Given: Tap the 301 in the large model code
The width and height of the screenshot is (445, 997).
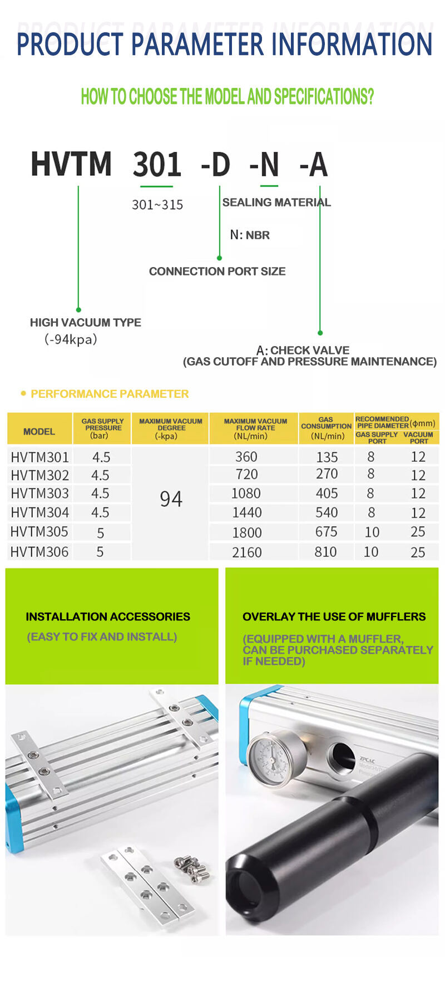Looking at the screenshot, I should pos(157,165).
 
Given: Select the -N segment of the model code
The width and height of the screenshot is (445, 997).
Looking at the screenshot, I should pos(264,165).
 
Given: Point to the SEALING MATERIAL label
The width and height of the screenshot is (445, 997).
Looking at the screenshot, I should pos(276,203).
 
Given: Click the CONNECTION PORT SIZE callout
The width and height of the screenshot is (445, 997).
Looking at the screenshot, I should pos(217,272).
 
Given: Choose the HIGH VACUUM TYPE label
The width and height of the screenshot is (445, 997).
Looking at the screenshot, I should pos(85,323).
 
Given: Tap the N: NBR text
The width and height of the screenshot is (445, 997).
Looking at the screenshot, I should pos(250,235).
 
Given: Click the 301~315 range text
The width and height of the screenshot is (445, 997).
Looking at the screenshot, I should pos(157,205).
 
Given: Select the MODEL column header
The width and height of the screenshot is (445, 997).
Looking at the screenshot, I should pos(39,432).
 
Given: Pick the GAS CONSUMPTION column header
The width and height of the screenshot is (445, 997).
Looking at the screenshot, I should pos(326,428).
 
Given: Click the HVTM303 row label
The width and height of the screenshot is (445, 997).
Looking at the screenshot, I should pos(39,493).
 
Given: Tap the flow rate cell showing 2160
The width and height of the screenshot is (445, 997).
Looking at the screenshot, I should pos(246,552).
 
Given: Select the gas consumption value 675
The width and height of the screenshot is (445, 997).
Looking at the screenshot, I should pos(326,532).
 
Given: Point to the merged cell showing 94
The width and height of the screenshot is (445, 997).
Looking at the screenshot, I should pos(171,499).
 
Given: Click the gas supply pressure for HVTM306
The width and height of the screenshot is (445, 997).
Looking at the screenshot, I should pos(100,552).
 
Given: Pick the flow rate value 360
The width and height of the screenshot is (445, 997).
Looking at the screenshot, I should pos(246,457).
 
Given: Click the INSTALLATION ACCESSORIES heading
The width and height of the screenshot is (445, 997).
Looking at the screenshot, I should pos(108,616).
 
